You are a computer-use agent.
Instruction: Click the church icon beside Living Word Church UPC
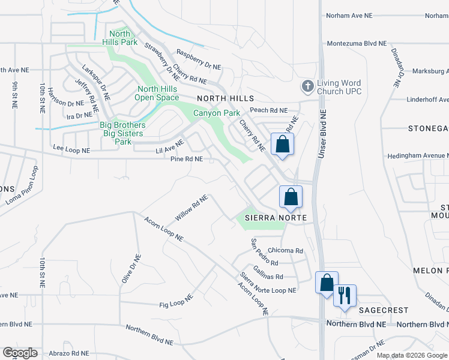pyautogui.click(x=307, y=86)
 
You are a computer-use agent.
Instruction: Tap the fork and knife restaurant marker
pyautogui.click(x=345, y=295)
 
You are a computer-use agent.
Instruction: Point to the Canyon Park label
pyautogui.click(x=216, y=113)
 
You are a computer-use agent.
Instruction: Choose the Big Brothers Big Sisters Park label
pyautogui.click(x=122, y=133)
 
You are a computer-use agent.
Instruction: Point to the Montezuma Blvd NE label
pyautogui.click(x=357, y=44)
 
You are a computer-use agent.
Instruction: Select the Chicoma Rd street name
pyautogui.click(x=286, y=251)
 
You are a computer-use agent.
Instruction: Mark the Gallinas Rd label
pyautogui.click(x=268, y=272)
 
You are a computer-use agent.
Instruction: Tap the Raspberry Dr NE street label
pyautogui.click(x=199, y=59)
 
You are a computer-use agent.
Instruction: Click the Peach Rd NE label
pyautogui.click(x=269, y=110)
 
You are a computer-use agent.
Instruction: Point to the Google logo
pyautogui.click(x=20, y=353)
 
